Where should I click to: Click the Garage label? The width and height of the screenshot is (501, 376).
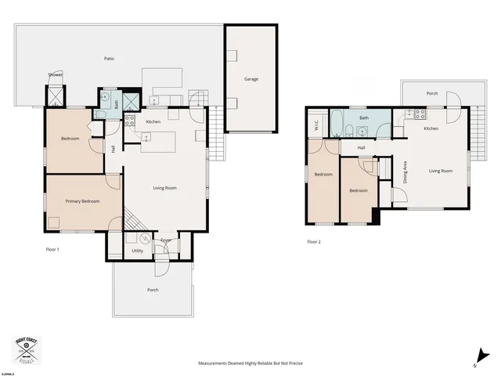click(250, 79)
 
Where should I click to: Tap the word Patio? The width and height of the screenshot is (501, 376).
click(110, 59)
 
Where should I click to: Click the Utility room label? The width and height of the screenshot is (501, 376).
click(137, 251)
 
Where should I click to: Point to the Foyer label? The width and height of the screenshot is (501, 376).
click(166, 240)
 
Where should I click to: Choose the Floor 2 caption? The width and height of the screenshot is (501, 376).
click(314, 242)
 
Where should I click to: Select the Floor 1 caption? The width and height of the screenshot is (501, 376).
click(52, 249)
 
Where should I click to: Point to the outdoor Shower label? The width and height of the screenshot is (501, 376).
click(56, 74)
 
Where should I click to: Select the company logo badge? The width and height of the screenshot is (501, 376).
click(27, 350)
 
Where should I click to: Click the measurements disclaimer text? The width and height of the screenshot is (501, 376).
click(250, 363)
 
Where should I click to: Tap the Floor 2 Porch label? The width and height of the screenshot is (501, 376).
click(431, 93)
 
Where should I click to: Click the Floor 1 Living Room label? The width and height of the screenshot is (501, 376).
click(164, 188)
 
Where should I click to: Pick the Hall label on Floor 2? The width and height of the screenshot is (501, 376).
click(362, 147)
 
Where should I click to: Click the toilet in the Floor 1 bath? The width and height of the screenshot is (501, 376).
click(100, 114)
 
